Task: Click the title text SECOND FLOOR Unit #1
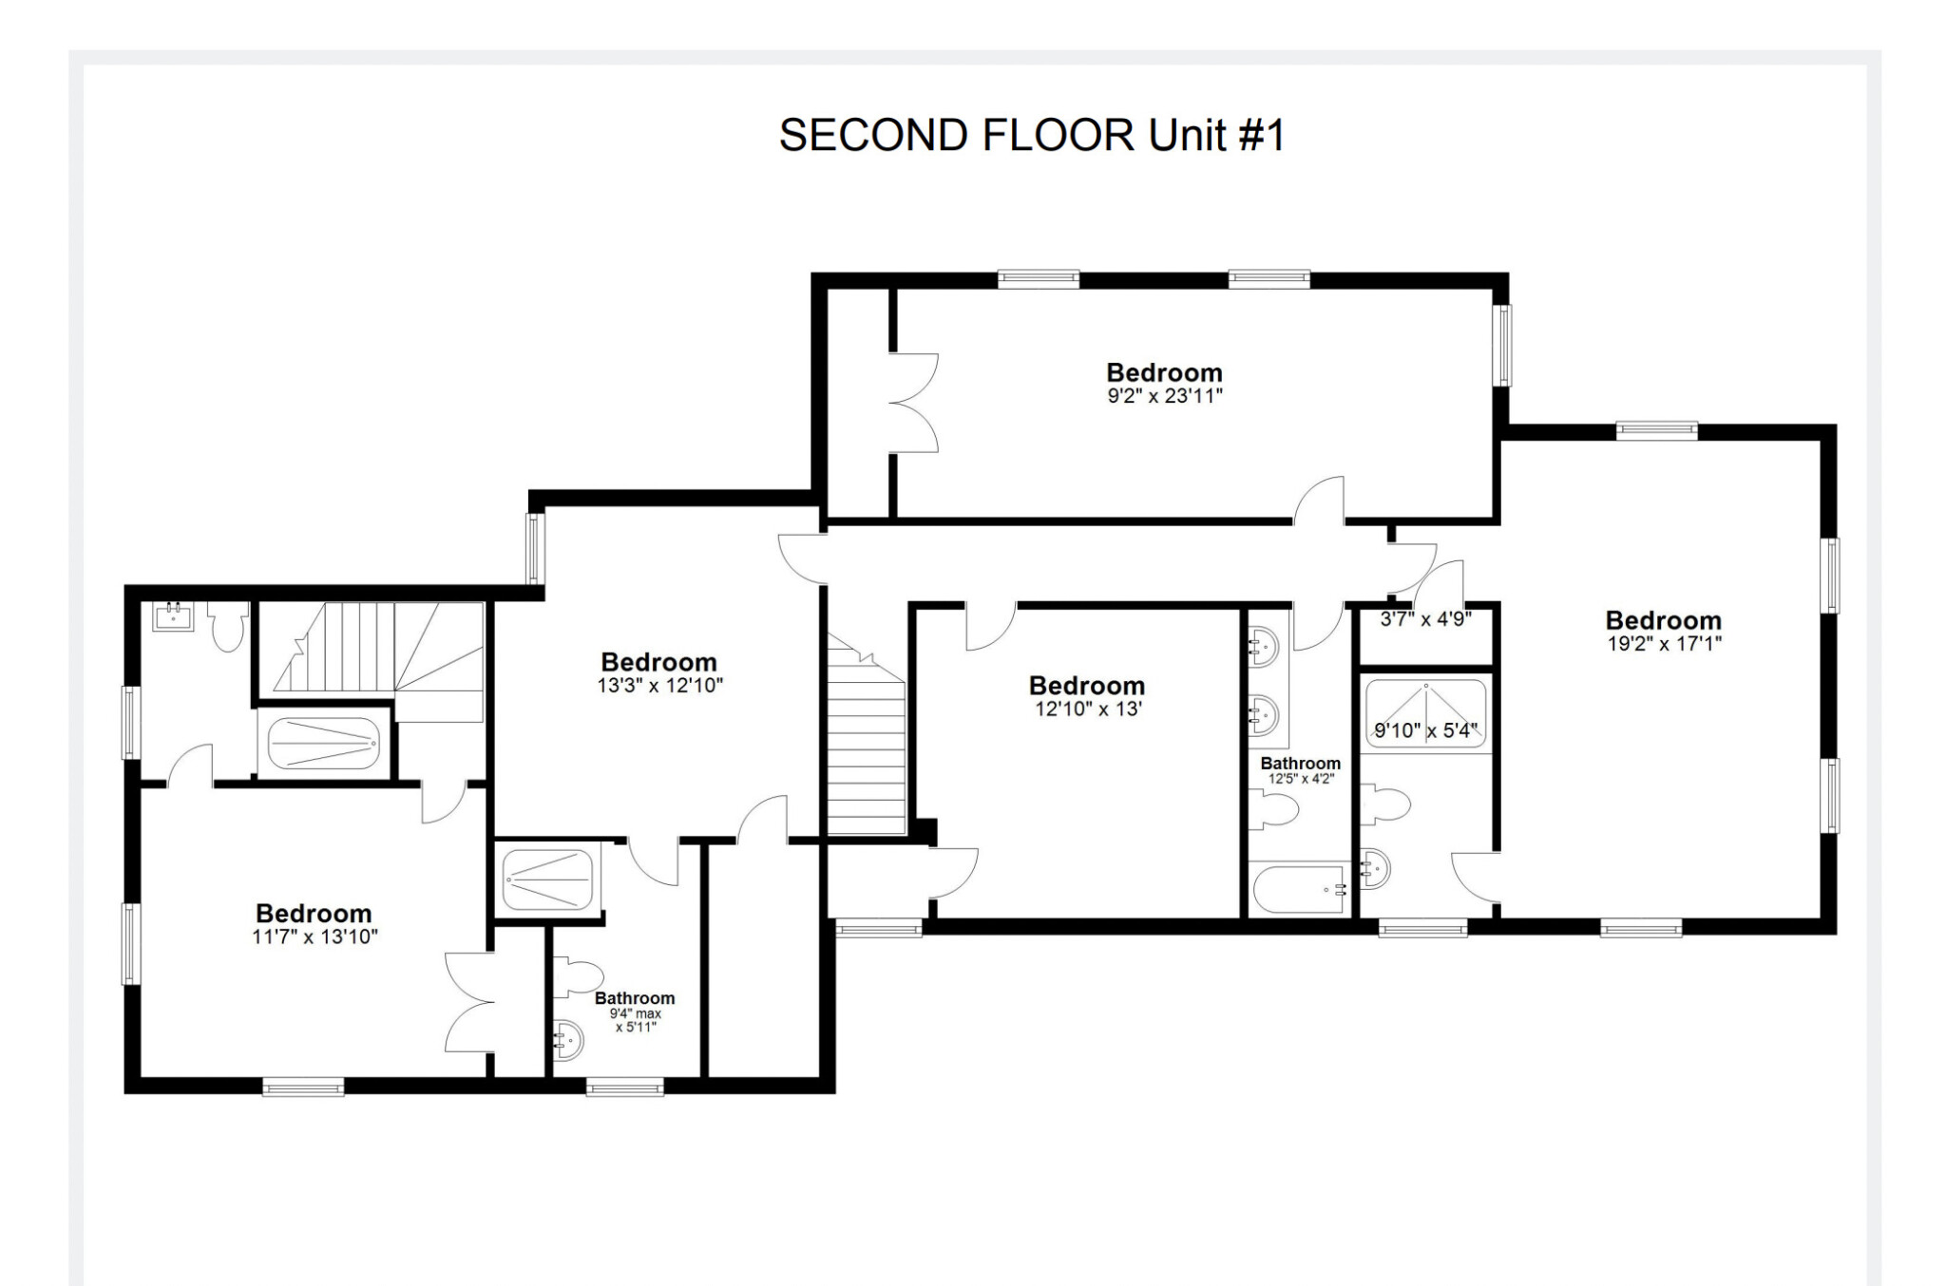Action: pyautogui.click(x=1031, y=135)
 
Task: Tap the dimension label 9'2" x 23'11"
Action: pyautogui.click(x=1164, y=396)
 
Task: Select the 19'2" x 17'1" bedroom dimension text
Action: pyautogui.click(x=1663, y=643)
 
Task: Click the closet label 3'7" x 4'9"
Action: pyautogui.click(x=1425, y=619)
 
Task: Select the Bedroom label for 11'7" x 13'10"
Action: pyautogui.click(x=314, y=914)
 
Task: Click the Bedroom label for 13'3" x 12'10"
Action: pyautogui.click(x=658, y=662)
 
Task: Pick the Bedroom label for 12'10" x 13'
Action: pyautogui.click(x=1086, y=686)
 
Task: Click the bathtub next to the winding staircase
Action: pyautogui.click(x=324, y=744)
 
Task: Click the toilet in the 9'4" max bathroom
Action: pyautogui.click(x=580, y=977)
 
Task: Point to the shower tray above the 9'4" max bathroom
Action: pyautogui.click(x=548, y=879)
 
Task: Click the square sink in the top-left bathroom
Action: pyautogui.click(x=173, y=616)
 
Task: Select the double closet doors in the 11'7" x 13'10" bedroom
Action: pyautogui.click(x=469, y=1001)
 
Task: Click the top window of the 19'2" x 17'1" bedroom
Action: pyautogui.click(x=1656, y=430)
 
